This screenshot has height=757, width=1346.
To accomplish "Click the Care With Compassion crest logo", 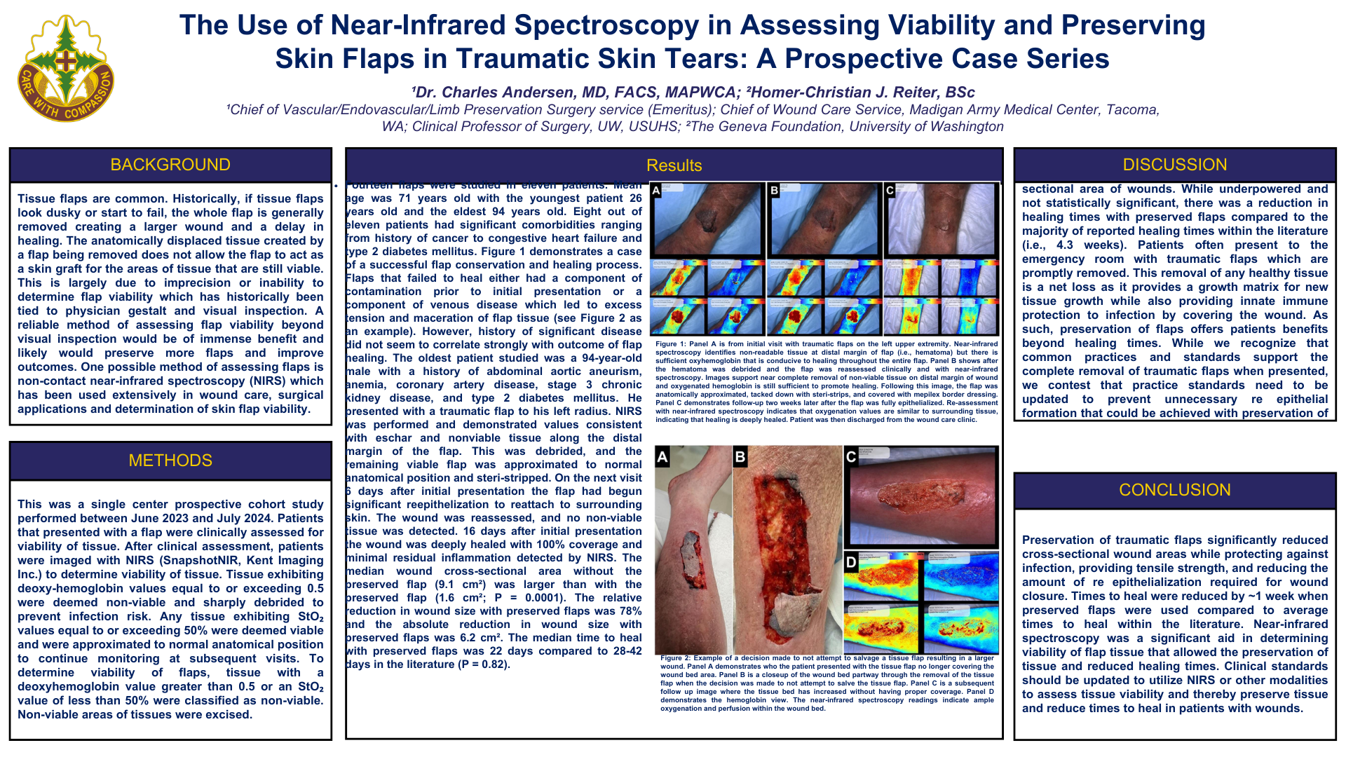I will point(65,69).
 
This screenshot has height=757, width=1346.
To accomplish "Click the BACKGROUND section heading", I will point(170,165).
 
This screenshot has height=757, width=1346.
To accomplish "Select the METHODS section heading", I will point(170,461).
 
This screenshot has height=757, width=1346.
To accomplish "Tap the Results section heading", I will point(674,165).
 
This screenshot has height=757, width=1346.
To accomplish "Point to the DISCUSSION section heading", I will point(1175,165).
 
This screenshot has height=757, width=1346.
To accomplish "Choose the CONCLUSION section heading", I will point(1175,490).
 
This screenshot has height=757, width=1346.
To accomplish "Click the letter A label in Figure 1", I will point(656,191).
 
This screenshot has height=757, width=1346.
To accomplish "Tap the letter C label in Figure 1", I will point(890,191).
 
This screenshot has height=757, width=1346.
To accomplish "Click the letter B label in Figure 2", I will point(740,458).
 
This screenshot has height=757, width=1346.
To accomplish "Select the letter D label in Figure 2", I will point(851,562).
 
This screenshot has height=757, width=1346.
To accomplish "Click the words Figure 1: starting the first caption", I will point(671,344).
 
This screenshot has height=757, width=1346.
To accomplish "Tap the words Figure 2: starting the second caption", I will point(675,658).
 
